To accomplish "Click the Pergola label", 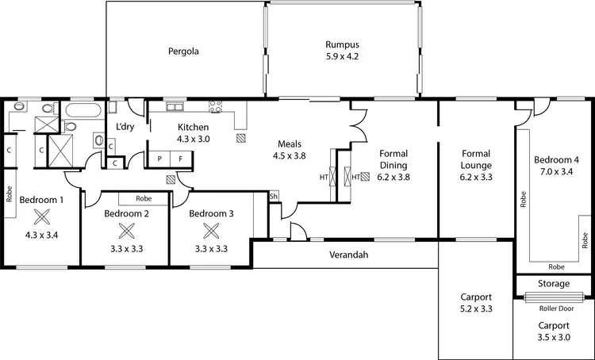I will [182, 52].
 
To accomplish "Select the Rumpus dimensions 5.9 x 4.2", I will [342, 56].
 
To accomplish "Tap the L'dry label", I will [125, 127].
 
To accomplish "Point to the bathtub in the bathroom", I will [82, 110].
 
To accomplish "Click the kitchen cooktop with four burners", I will [215, 108].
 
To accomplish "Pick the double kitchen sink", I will [175, 107].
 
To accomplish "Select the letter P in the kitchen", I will [159, 159].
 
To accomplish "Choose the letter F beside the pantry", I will [180, 159].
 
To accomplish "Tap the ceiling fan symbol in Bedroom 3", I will [211, 231].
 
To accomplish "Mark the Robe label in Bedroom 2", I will [144, 199].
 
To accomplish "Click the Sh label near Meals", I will [274, 197].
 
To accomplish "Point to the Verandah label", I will [349, 255].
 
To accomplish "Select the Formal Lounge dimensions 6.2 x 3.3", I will [476, 178].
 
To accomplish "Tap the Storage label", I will [554, 283].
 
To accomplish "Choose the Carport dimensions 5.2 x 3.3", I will [476, 309].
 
